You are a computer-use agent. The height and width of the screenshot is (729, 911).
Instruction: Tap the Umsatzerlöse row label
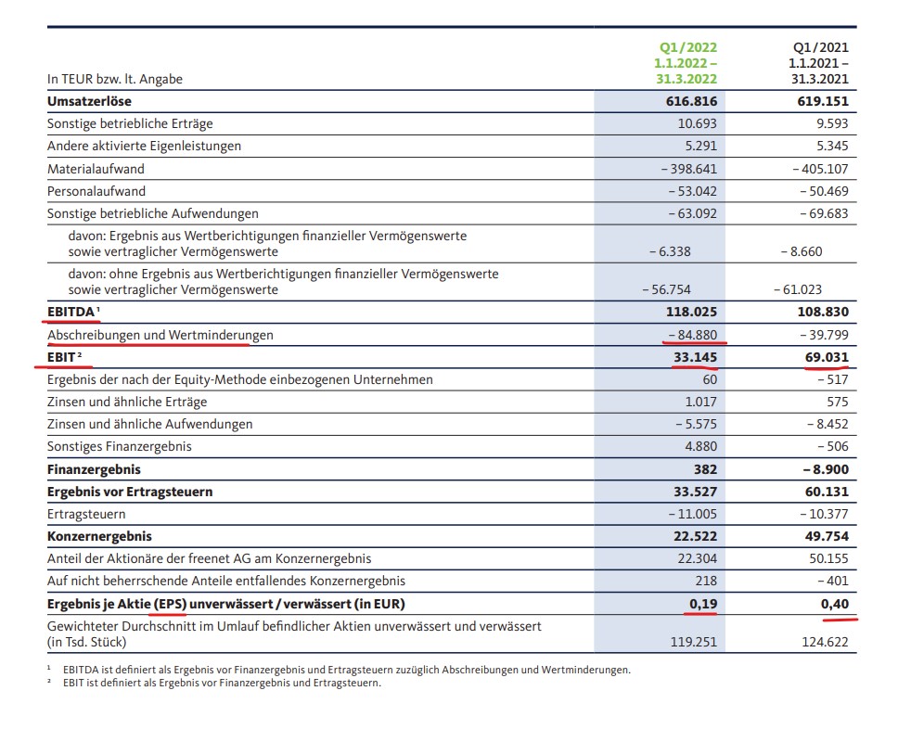(x=89, y=101)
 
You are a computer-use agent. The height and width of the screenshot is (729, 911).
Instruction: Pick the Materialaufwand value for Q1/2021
(x=820, y=169)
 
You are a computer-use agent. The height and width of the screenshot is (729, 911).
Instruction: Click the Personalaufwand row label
(x=96, y=191)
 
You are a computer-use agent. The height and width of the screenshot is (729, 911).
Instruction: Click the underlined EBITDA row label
(x=71, y=313)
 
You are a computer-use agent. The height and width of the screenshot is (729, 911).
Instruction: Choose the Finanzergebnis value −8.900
(x=819, y=469)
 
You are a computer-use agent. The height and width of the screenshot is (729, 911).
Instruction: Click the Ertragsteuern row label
(x=86, y=514)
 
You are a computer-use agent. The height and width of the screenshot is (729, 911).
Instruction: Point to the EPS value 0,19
(x=699, y=604)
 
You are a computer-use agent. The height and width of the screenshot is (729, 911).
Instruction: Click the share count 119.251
(x=693, y=641)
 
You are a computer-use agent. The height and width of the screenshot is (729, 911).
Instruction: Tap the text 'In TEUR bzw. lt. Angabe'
(x=115, y=79)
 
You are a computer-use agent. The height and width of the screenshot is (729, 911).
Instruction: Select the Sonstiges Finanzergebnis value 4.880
(x=697, y=446)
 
